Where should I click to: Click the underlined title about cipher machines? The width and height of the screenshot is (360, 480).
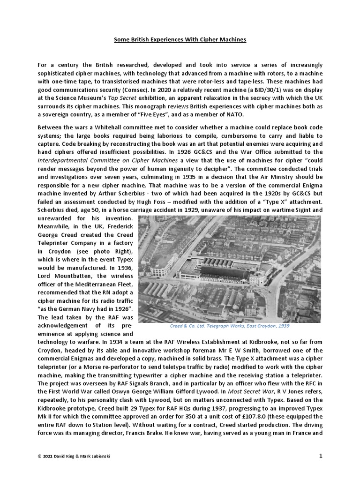pos(180,40)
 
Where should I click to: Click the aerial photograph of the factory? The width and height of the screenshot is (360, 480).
pos(230,268)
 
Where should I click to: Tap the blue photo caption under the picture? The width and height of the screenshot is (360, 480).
pos(230,326)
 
